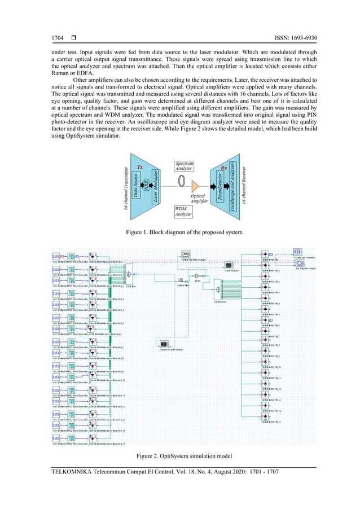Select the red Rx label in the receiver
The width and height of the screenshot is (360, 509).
[x=224, y=168]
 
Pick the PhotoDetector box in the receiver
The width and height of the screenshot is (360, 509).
[x=219, y=189]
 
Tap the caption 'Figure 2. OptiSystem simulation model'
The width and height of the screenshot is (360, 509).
[x=179, y=455]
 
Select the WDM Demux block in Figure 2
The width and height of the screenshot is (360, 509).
[x=217, y=290]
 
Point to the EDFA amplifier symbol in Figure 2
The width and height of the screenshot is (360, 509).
[x=198, y=276]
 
